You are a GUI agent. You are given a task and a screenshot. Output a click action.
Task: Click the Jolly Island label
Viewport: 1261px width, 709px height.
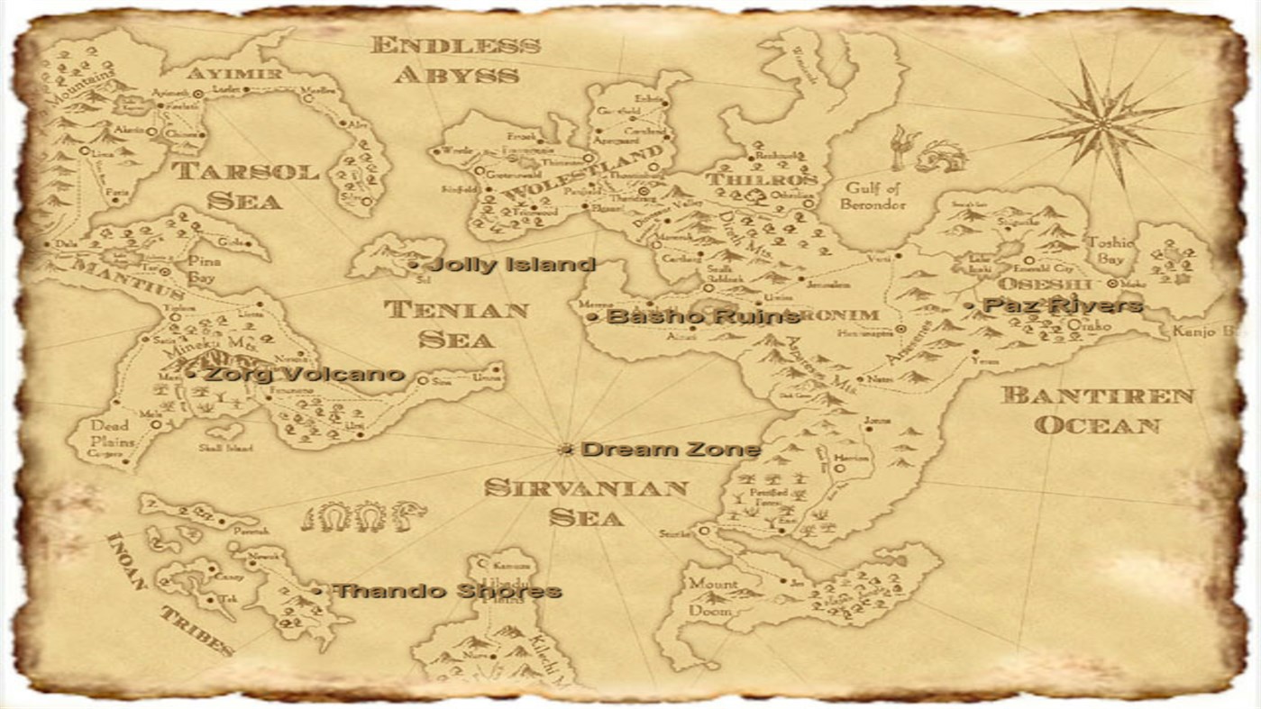click(x=512, y=265)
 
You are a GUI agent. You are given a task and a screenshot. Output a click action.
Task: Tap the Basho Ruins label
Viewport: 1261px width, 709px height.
click(x=702, y=316)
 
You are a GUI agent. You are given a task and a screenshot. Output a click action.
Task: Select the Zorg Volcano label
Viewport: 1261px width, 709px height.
click(x=303, y=374)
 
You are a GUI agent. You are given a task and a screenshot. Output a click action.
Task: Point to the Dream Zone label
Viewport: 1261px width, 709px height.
click(x=671, y=450)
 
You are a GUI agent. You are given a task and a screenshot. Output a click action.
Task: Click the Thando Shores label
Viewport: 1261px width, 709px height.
click(x=447, y=591)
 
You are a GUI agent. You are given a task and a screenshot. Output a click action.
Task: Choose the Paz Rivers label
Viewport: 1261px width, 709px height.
click(x=1063, y=306)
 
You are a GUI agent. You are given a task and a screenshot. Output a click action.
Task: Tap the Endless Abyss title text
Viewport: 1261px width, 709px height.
click(x=456, y=59)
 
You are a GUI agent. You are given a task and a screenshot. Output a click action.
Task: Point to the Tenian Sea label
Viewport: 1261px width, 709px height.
click(x=456, y=324)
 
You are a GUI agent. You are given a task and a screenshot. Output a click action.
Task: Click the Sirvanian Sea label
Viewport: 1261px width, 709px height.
click(x=586, y=502)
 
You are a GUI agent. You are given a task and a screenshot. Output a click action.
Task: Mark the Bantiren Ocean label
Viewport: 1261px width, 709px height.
click(x=1097, y=410)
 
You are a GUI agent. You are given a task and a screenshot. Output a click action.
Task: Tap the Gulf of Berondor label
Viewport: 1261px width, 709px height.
click(x=872, y=195)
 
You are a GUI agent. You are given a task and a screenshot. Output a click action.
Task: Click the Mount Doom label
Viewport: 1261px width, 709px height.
click(x=712, y=595)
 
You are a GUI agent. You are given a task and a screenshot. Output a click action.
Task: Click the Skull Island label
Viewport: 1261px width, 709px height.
click(x=225, y=448)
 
